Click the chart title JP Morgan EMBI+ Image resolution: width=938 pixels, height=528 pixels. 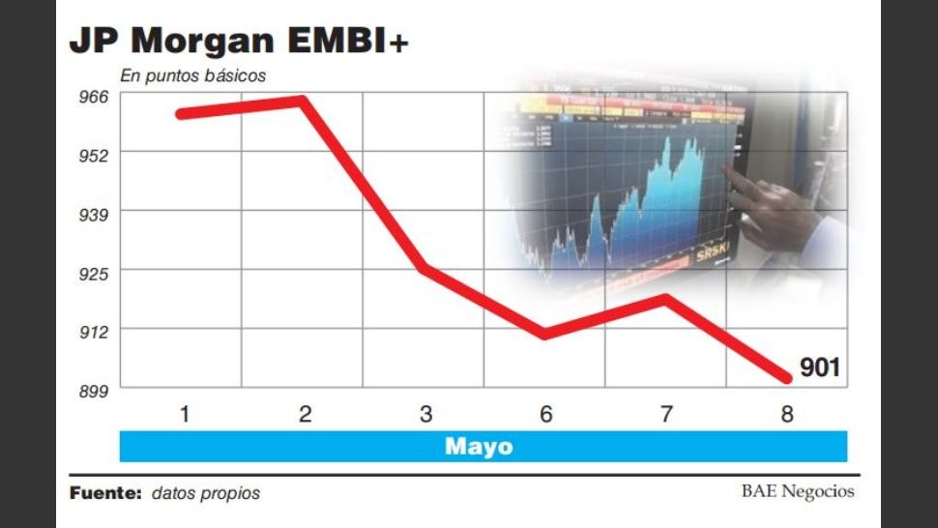[x=239, y=42]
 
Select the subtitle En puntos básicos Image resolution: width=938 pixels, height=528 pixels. [x=192, y=75]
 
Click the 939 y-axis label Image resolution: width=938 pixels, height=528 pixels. [x=94, y=213]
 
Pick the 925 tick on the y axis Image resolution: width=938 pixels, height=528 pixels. [x=94, y=272]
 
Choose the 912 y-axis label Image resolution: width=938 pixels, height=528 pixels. [x=94, y=331]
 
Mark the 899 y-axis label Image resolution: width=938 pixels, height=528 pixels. [x=94, y=390]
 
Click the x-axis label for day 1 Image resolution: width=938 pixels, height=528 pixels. [x=184, y=415]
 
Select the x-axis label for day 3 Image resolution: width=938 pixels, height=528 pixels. [x=425, y=415]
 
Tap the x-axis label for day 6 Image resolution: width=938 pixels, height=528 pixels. [x=546, y=415]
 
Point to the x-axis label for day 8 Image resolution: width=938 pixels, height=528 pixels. [x=787, y=415]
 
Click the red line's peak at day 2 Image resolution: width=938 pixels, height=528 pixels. [x=302, y=101]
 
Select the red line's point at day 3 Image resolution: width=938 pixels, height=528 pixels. [x=424, y=268]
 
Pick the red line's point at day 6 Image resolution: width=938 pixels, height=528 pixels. [x=544, y=335]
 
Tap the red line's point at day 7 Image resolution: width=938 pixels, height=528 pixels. [x=665, y=299]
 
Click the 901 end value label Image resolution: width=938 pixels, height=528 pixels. [x=820, y=367]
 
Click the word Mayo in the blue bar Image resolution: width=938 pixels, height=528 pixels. [x=479, y=447]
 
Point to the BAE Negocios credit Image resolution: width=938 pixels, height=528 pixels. [x=798, y=491]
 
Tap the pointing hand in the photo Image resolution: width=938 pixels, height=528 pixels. [x=774, y=208]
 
